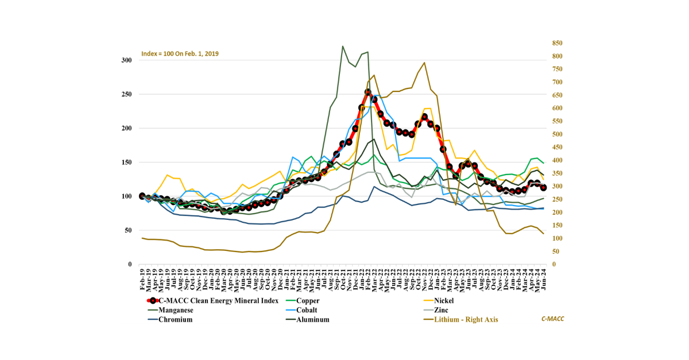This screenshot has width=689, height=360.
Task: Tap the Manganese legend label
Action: [x=176, y=310]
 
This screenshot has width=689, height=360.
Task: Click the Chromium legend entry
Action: [x=175, y=320]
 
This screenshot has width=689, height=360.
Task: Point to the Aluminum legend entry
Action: [x=313, y=320]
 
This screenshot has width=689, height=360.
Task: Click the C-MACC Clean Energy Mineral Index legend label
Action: [x=218, y=300]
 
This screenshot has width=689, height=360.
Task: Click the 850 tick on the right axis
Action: [x=558, y=43]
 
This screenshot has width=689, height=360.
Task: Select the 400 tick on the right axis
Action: [x=558, y=160]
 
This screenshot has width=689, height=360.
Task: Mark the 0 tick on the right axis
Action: [x=553, y=264]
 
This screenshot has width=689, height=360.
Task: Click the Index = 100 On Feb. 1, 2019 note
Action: [x=180, y=53]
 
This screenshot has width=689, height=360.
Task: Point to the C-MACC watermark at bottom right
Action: [x=552, y=319]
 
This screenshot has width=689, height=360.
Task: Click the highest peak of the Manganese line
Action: [x=343, y=46]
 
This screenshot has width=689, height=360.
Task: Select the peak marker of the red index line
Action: [x=368, y=92]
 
